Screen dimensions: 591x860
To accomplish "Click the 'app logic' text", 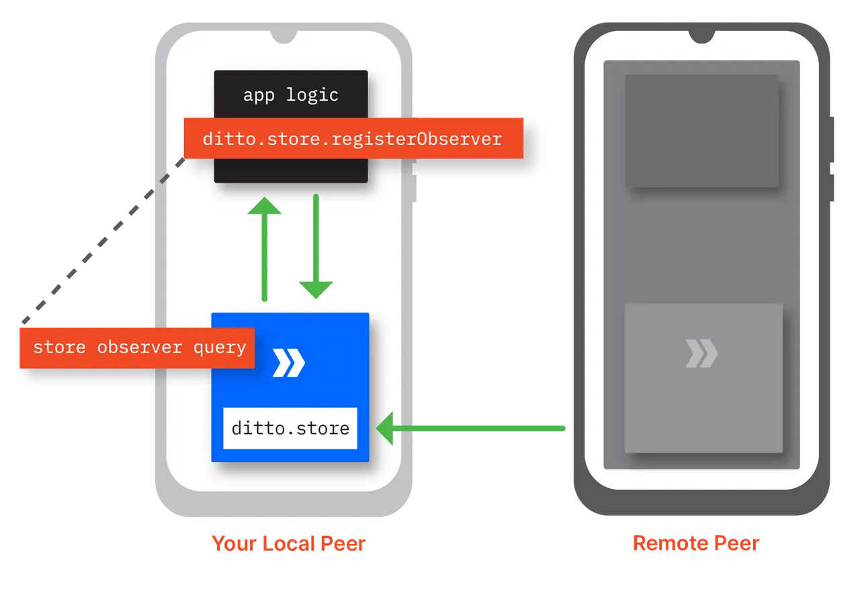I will coord(290,95).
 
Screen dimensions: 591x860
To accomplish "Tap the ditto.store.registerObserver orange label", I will coord(353,139).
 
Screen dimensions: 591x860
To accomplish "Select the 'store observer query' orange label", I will coord(139,347).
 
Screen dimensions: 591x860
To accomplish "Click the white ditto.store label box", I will coord(290,428).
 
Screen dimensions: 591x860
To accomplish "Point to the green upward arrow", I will coord(265,248).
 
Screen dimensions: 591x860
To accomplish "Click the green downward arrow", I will coord(316,248).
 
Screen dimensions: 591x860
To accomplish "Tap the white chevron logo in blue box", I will coord(289,363).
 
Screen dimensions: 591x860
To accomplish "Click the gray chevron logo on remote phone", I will coord(701,354).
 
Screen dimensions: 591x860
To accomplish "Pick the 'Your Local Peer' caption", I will coord(290,543).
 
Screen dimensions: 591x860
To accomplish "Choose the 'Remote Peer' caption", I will coord(696,543).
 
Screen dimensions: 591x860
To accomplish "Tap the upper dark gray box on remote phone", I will coord(701,131).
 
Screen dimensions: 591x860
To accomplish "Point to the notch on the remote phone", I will coord(701,37).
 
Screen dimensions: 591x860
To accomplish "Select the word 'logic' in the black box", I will coord(312,95).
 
